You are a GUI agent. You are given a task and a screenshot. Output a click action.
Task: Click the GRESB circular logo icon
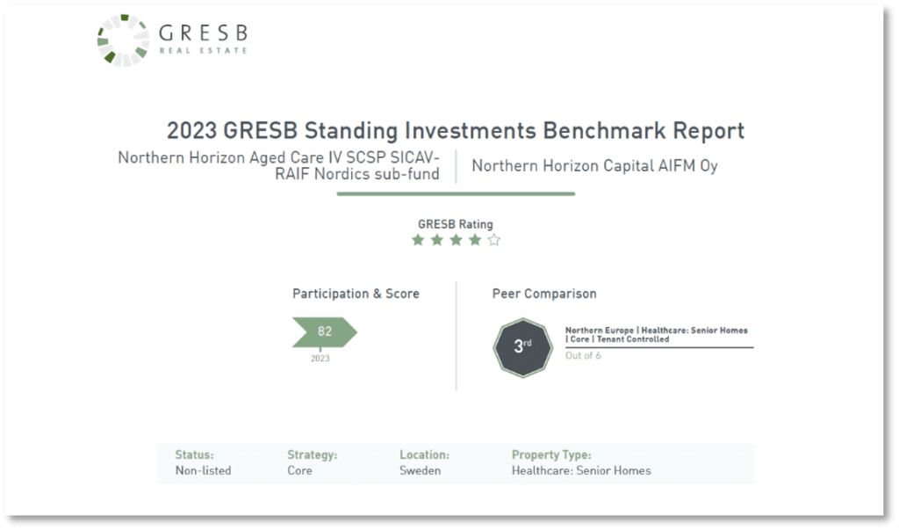click(122, 40)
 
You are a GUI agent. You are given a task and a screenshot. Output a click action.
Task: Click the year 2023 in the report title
click(191, 131)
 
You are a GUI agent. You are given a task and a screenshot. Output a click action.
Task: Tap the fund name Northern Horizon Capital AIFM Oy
click(594, 165)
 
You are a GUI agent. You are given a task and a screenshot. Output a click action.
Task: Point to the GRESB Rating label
click(455, 224)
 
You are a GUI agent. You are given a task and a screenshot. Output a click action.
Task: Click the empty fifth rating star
click(494, 240)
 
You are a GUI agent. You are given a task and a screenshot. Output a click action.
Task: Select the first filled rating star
click(418, 240)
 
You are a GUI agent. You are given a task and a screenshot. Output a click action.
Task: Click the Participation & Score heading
click(356, 294)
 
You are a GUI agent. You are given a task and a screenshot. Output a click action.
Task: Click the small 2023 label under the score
click(320, 359)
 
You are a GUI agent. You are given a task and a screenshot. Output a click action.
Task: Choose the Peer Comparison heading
click(544, 294)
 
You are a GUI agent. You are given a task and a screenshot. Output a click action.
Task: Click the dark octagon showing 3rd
click(522, 346)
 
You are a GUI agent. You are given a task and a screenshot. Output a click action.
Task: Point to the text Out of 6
click(584, 356)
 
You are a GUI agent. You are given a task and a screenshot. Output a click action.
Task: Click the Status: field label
click(194, 455)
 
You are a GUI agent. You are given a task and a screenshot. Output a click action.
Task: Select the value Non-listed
click(203, 470)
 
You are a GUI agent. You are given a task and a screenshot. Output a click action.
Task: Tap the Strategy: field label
click(312, 455)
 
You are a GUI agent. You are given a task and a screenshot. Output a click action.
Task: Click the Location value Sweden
click(420, 470)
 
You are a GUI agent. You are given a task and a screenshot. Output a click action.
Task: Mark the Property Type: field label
click(551, 455)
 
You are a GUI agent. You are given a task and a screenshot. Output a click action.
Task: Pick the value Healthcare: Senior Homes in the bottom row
click(581, 470)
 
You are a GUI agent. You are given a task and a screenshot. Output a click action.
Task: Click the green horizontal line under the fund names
click(456, 193)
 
